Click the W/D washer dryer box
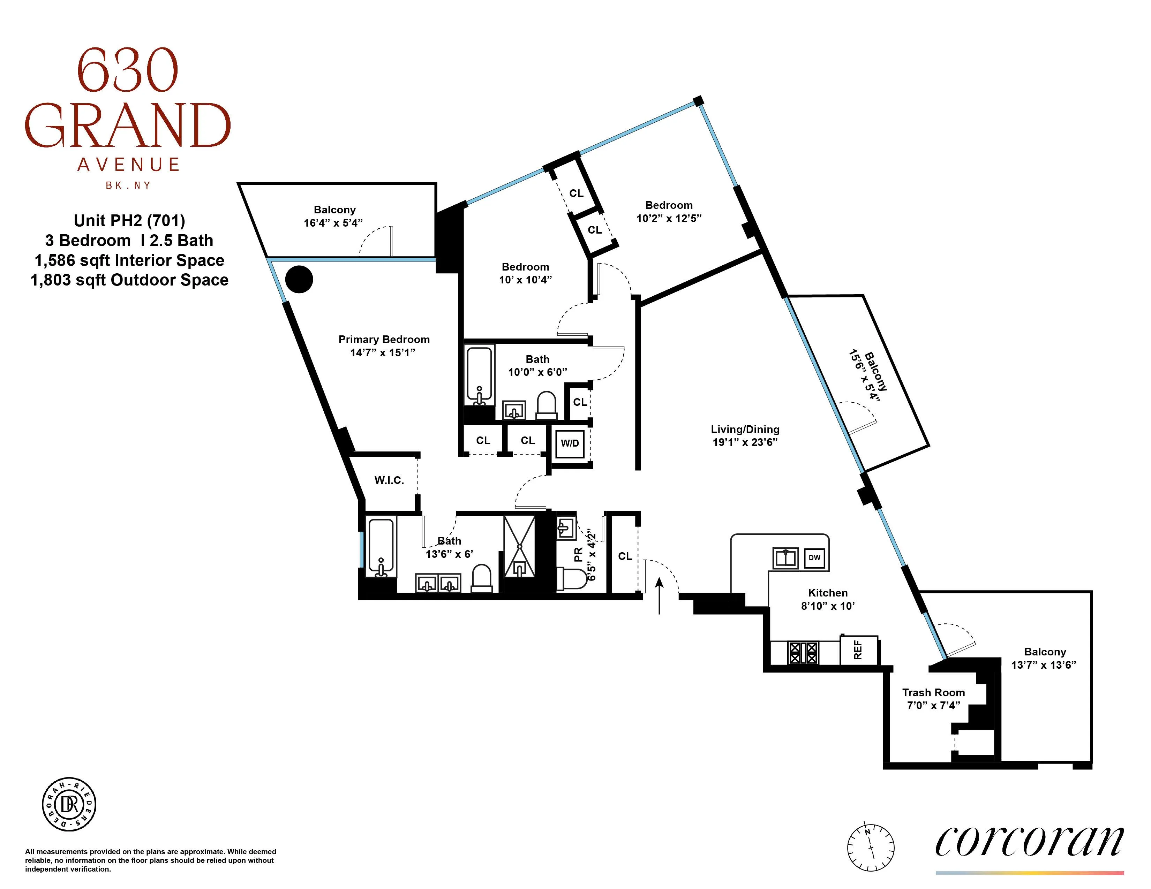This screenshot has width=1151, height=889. pos(570,443)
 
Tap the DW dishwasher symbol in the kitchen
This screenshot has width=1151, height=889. pos(814,558)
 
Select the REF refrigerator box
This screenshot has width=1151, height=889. pos(858,649)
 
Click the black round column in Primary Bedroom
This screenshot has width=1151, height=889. pos(299,279)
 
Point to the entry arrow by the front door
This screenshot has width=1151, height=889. pos(659,595)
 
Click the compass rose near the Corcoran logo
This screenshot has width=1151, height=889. pos(871,848)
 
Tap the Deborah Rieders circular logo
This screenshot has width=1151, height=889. pos(69,804)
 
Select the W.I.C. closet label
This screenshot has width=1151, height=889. pos(389,480)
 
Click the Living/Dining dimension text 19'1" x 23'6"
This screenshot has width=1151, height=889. pos(745,442)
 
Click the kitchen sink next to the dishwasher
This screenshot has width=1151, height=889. pos(785,558)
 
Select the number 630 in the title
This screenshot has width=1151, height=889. pos(128,70)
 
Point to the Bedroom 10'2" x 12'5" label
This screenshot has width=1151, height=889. pos(669,211)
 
